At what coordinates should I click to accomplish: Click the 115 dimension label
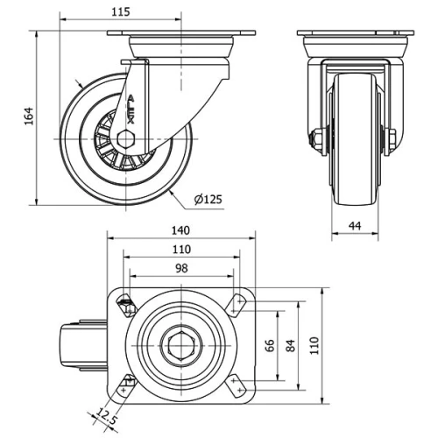click(121, 11)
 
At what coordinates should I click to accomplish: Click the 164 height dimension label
click(27, 117)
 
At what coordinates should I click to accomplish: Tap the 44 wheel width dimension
click(355, 226)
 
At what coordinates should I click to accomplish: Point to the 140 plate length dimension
click(181, 230)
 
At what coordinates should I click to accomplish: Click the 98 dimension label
click(181, 267)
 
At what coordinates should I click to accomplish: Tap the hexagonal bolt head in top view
click(181, 345)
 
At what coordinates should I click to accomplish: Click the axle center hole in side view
click(125, 139)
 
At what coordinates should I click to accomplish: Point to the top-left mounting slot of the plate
click(126, 304)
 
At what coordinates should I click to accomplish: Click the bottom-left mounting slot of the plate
click(126, 384)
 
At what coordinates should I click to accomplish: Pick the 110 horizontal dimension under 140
click(181, 249)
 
